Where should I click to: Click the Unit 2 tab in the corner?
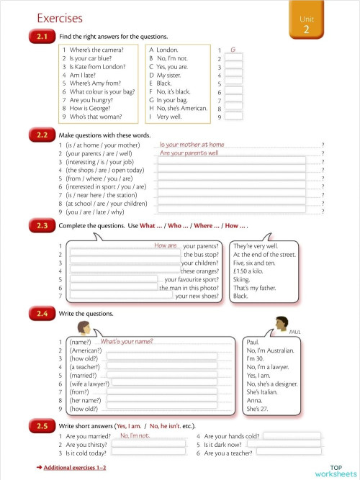click(x=306, y=22)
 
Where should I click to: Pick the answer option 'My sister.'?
click(x=165, y=75)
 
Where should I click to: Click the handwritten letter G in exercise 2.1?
click(x=233, y=49)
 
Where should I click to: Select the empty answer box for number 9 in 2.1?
click(x=233, y=116)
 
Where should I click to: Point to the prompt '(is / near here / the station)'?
click(x=101, y=195)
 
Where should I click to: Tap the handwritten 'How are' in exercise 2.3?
click(x=166, y=245)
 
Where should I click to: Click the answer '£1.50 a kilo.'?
click(x=251, y=271)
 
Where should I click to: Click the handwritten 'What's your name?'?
click(x=127, y=341)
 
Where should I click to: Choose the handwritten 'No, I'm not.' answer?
click(x=135, y=435)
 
